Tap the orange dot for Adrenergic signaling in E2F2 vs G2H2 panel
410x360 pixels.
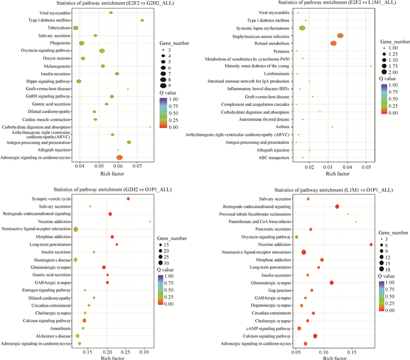coord(119,157)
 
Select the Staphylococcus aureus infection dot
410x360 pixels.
coord(340,36)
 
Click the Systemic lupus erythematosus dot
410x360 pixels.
coord(302,28)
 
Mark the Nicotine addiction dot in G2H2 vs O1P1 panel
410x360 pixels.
coord(151,221)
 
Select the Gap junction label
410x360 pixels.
coord(279,290)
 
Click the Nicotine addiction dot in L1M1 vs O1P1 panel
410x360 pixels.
coord(371,245)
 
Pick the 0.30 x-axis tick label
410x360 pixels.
coord(143,353)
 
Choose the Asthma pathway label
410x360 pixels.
coord(282,127)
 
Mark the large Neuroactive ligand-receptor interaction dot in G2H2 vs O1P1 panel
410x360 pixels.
coord(76,229)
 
